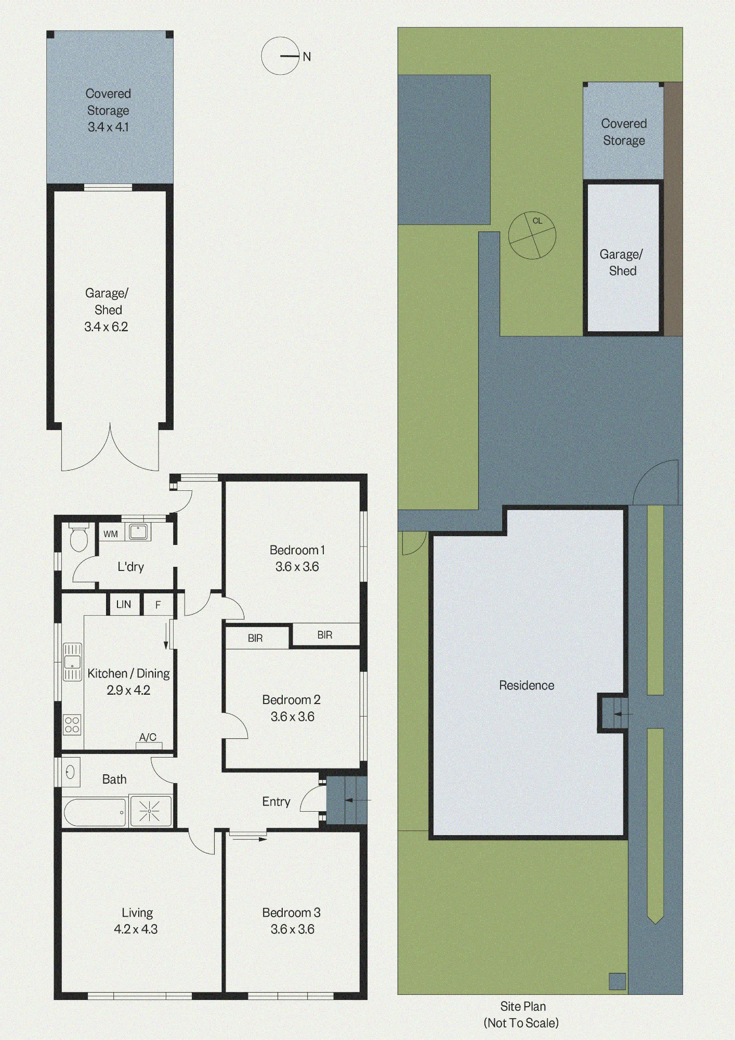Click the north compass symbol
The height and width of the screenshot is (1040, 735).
click(281, 56)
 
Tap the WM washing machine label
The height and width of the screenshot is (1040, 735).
click(110, 534)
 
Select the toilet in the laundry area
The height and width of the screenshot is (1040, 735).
click(79, 537)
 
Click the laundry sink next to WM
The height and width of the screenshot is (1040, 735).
click(138, 532)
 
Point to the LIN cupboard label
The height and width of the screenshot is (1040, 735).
click(124, 604)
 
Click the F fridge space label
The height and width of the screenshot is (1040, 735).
click(158, 605)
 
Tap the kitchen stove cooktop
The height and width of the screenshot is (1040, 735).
click(72, 724)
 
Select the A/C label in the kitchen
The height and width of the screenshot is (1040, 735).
click(148, 737)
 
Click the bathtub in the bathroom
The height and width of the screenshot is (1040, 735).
click(95, 812)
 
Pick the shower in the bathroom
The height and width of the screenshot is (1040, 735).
click(150, 811)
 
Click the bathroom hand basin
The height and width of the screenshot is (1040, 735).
click(71, 772)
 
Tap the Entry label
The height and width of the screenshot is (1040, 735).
click(276, 801)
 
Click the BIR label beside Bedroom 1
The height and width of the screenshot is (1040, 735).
click(325, 635)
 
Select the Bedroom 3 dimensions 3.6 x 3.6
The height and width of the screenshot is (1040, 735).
click(292, 929)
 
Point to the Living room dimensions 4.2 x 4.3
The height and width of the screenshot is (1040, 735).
click(136, 929)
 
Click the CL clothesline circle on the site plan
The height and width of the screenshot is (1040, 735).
click(532, 235)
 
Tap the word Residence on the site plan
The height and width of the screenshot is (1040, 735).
click(527, 685)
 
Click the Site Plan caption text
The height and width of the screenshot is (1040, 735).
click(523, 1006)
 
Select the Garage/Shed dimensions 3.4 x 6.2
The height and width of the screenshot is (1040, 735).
click(106, 327)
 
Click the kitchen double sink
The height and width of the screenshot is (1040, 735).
click(72, 662)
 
